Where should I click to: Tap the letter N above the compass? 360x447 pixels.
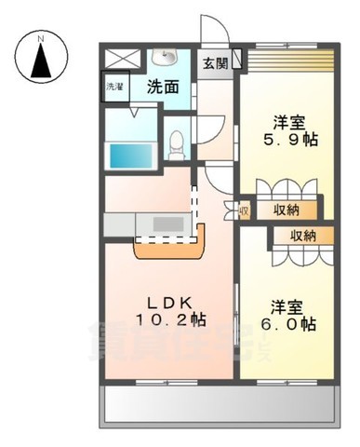coord(41,38)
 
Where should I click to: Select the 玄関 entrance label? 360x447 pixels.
coord(216,63)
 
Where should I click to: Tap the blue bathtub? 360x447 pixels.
coord(128,155)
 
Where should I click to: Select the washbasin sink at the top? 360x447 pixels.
coord(168,58)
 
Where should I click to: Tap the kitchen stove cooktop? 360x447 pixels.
coord(168,224)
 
